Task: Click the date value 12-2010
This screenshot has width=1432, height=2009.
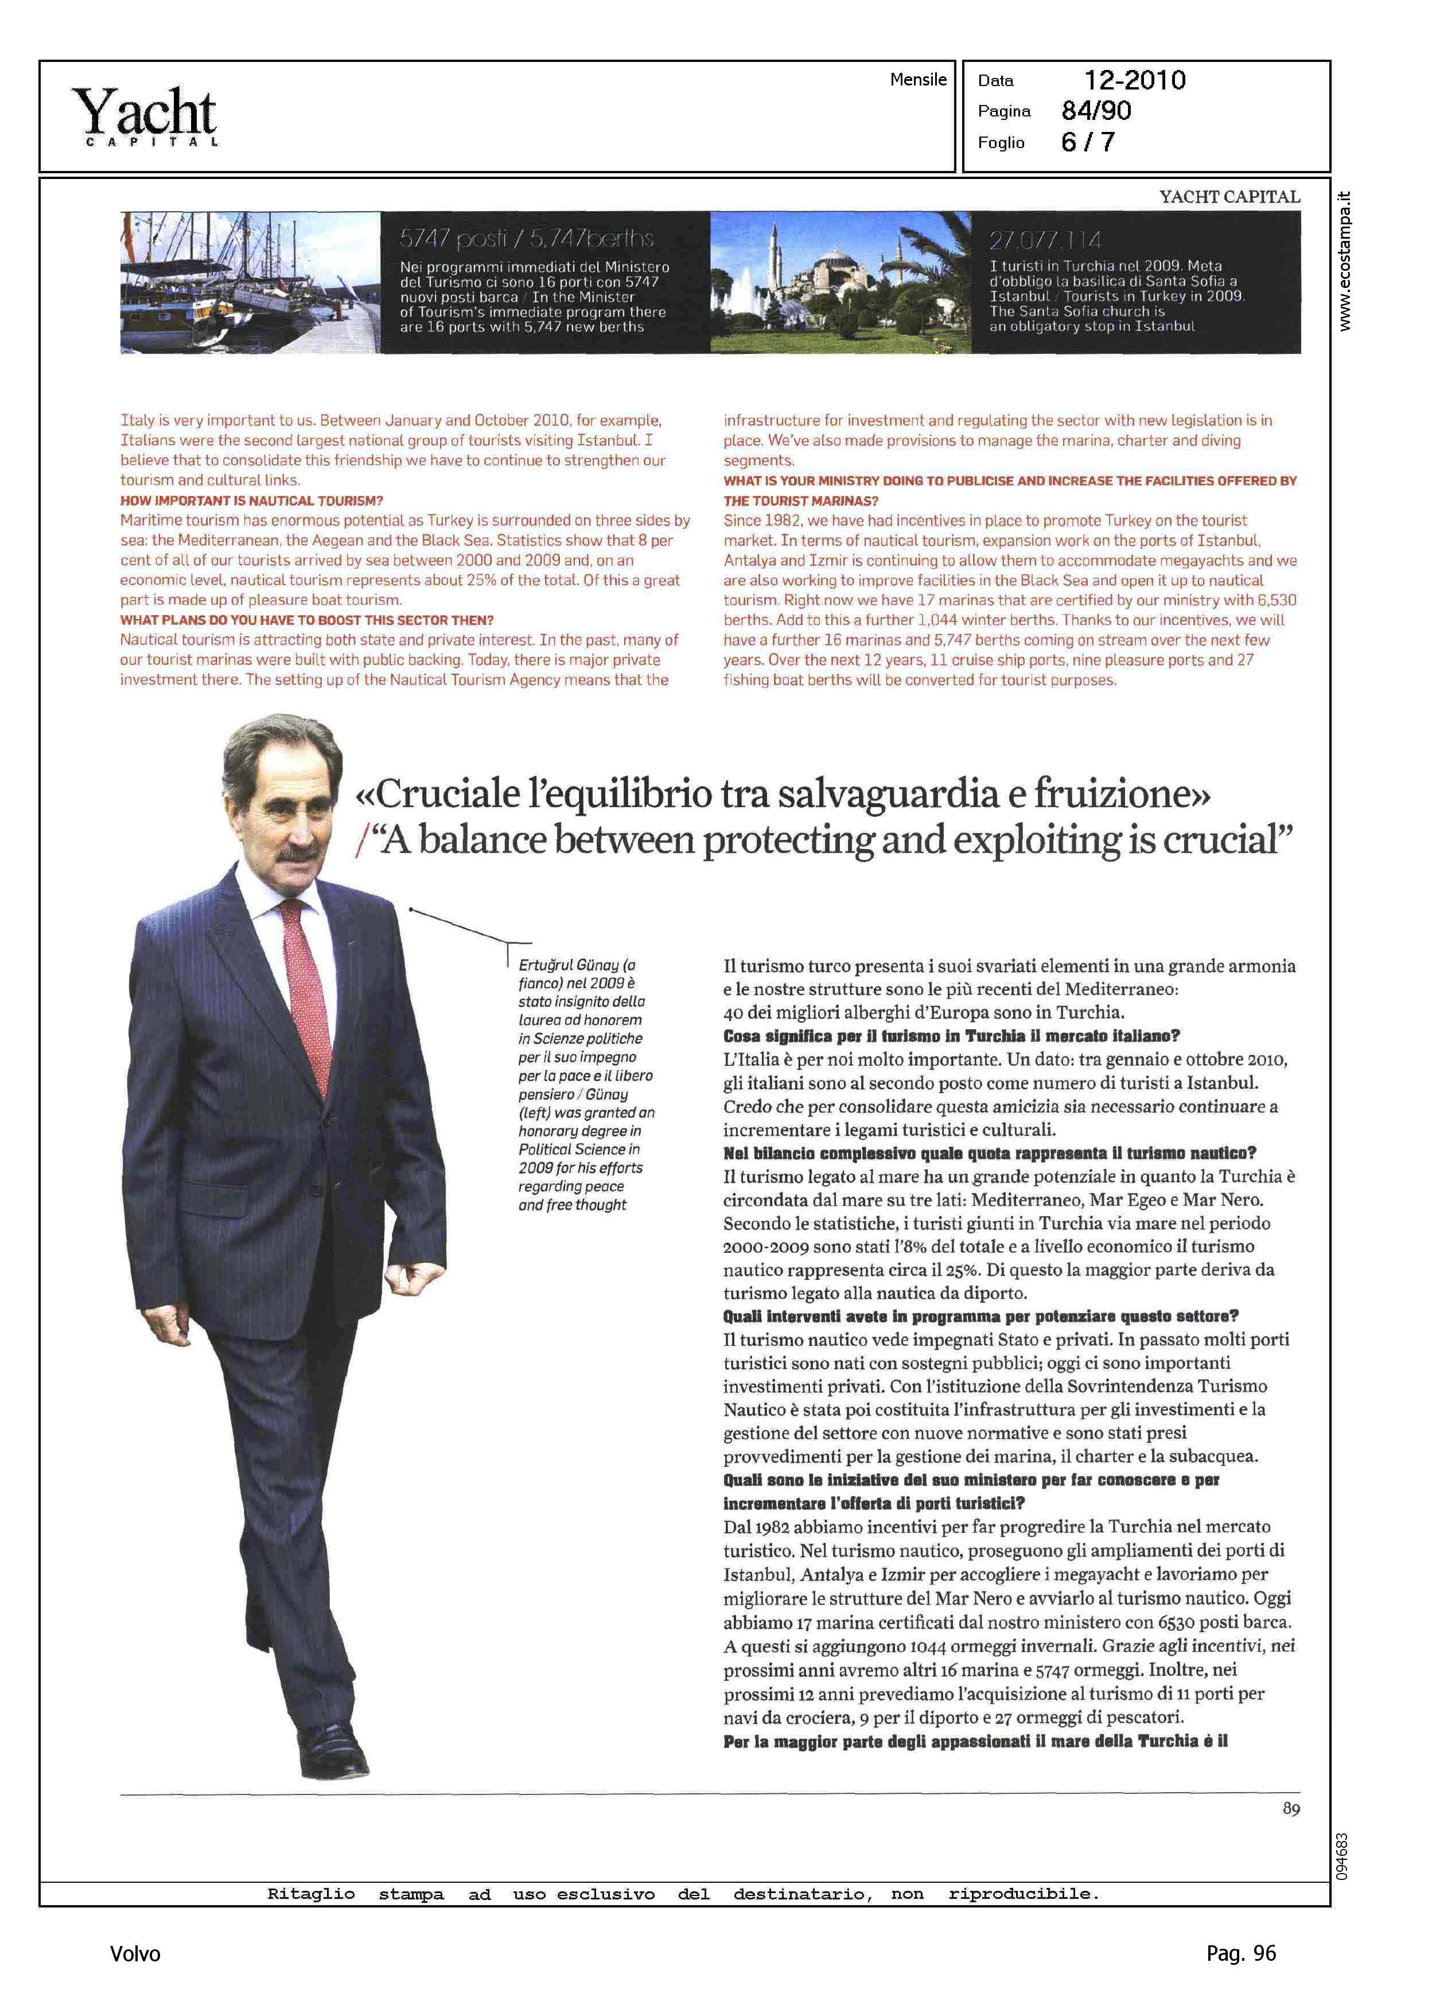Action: pyautogui.click(x=1134, y=80)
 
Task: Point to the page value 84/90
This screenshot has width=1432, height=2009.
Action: pyautogui.click(x=1096, y=111)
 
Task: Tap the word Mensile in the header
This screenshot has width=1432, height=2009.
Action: pyautogui.click(x=918, y=79)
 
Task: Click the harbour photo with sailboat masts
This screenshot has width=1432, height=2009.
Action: pyautogui.click(x=250, y=282)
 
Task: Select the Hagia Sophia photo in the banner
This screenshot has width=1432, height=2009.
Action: pyautogui.click(x=840, y=282)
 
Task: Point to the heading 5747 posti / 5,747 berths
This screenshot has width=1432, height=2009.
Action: pyautogui.click(x=527, y=238)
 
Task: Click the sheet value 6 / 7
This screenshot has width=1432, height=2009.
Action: pyautogui.click(x=1088, y=142)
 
